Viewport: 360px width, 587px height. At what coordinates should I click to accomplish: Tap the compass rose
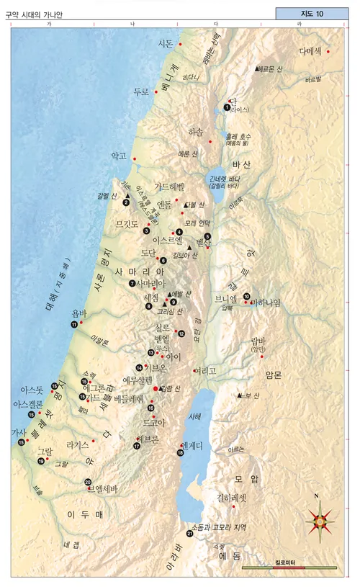point(320,516)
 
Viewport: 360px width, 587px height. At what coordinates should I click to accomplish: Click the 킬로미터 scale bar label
point(289,562)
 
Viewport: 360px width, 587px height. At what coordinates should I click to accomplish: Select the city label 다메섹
point(312,52)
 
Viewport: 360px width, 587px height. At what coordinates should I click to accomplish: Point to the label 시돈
point(166,44)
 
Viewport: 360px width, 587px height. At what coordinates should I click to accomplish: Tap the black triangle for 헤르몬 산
point(257,68)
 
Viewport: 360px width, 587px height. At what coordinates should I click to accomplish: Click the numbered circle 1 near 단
point(227,107)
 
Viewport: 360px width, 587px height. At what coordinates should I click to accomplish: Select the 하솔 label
point(196,133)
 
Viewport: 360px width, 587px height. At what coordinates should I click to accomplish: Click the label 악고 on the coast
point(118,156)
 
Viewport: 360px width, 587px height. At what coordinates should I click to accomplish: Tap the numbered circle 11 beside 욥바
point(74,325)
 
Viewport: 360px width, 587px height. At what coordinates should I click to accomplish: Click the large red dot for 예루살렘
point(156,388)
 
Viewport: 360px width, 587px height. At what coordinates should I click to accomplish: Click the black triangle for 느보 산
point(240,395)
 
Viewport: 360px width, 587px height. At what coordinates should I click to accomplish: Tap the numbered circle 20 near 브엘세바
point(88,482)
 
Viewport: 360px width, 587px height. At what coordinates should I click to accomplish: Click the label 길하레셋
point(232,498)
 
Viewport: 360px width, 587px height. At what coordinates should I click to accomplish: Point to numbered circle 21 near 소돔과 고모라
point(189,533)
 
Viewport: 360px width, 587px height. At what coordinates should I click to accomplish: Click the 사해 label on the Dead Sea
point(195,417)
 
